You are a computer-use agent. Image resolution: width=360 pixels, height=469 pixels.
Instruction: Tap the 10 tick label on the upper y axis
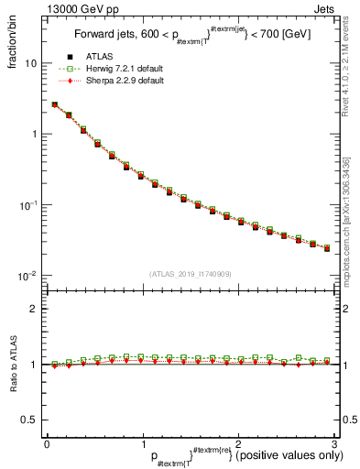coord(31,64)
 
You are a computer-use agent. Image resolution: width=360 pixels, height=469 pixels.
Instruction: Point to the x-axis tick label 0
coord(47,442)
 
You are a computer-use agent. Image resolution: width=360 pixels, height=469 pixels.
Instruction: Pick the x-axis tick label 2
coord(238,442)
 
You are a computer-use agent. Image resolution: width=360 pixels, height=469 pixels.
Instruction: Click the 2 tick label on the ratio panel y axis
coord(35,309)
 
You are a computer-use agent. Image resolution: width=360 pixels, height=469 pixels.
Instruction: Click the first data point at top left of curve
coord(54,104)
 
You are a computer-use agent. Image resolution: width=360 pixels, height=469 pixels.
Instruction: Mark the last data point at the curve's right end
coord(327,248)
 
